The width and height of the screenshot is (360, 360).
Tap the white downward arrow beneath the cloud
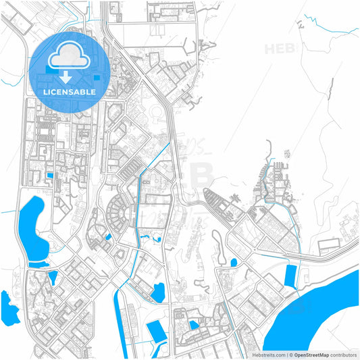pyautogui.click(x=66, y=78)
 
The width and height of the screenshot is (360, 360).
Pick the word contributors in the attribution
pyautogui.click(x=343, y=354)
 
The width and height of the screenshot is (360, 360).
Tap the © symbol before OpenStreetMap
pyautogui.click(x=290, y=354)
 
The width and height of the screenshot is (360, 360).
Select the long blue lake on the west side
pyautogui.click(x=30, y=226)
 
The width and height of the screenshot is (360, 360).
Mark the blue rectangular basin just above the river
pyautogui.click(x=291, y=276)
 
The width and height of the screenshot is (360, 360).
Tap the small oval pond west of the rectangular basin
pyautogui.click(x=234, y=262)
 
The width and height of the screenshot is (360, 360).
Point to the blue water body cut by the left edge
pyautogui.click(x=8, y=307)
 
